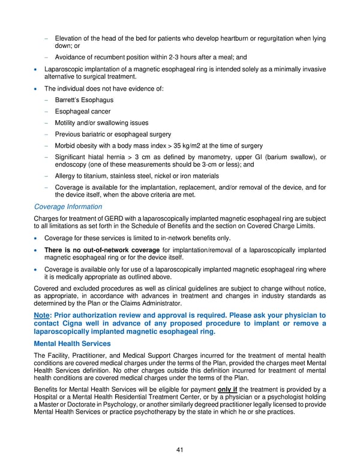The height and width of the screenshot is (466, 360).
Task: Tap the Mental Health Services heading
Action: point(72,343)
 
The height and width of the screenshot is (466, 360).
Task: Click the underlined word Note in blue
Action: point(44,315)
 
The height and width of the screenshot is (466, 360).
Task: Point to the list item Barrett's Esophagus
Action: point(84,100)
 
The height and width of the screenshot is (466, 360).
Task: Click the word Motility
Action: point(67,123)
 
